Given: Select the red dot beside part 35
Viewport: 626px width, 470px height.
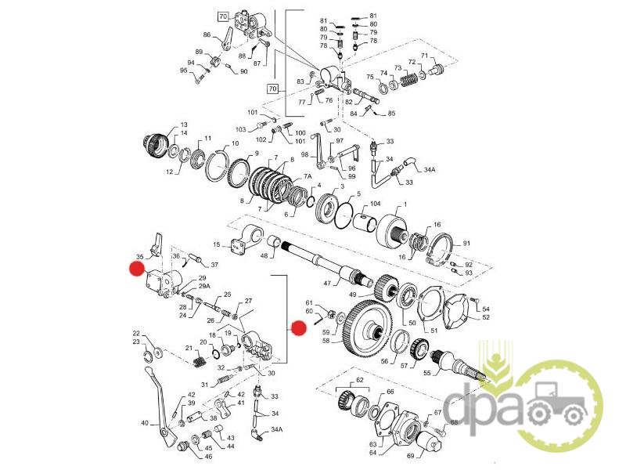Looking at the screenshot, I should [x=138, y=270].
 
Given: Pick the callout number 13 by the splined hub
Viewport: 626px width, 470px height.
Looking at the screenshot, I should [x=185, y=125].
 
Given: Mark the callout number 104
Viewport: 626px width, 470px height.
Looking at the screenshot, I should [x=375, y=204].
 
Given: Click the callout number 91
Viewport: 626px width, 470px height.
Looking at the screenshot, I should [x=467, y=244].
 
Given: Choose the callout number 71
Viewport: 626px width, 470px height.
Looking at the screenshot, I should [x=425, y=56].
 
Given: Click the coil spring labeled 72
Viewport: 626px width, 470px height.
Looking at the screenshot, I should [x=409, y=78].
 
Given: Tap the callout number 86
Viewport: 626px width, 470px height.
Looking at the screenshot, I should [x=207, y=35].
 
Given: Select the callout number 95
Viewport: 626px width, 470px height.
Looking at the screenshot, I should [x=183, y=70].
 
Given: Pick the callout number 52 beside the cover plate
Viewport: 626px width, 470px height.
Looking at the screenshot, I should [x=486, y=317].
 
